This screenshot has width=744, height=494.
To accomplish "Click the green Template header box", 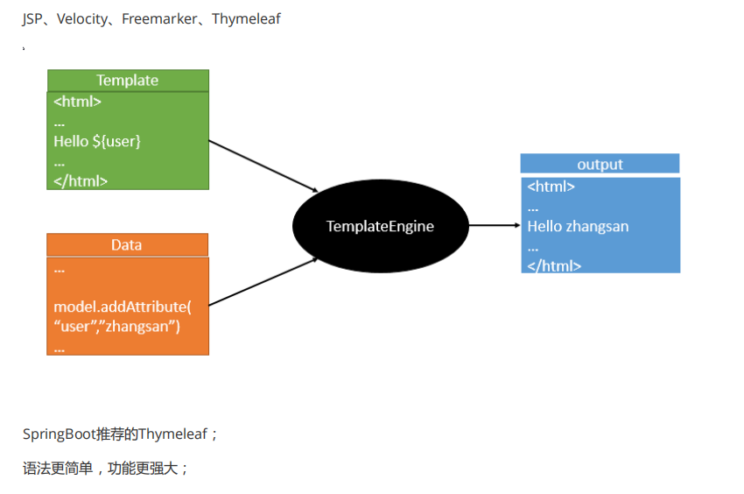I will pos(128,81).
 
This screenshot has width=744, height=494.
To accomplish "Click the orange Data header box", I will pos(127,244).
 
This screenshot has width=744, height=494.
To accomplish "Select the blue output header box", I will pos(600,164).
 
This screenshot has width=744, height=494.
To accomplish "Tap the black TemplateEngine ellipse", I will pos(380,226).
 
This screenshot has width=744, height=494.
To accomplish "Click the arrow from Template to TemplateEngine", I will pos(263,166).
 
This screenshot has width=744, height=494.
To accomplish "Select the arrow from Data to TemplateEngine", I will pos(263,282).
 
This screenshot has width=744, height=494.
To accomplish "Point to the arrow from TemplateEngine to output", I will pos(494,225).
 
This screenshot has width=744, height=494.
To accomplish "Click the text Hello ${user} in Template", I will pos(97,141).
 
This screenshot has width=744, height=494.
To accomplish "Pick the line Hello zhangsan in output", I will pos(578,226).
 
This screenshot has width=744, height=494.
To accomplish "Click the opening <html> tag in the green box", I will pos(77,102).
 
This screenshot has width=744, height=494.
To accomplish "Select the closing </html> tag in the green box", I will pos(81,181).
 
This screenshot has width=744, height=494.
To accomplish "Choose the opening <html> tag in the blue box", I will pos(551,187).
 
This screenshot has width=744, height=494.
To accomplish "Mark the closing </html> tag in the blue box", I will pos(554,265).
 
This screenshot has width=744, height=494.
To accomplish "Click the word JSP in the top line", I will pos(32,18).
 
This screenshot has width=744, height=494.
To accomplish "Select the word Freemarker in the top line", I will pos(158,18).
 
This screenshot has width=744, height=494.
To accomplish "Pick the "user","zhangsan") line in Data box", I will pos(116,327).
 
